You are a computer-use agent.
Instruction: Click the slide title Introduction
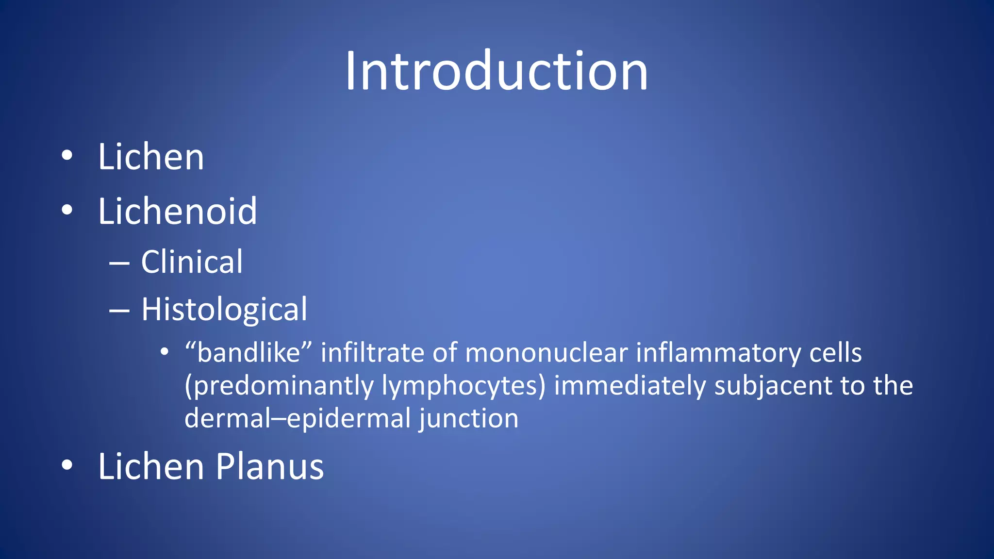[496, 72]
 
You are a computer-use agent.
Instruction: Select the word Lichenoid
[177, 212]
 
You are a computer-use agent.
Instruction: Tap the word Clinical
[192, 262]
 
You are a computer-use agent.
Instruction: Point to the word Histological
[224, 310]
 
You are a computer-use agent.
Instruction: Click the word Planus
[269, 466]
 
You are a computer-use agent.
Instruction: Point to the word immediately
[630, 386]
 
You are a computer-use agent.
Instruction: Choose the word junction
[469, 419]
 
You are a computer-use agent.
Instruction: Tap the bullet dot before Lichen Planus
[67, 465]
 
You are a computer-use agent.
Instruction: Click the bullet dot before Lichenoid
[67, 210]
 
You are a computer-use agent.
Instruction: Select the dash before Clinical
[119, 263]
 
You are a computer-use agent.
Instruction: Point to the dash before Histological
[119, 311]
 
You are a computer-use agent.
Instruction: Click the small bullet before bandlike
[165, 351]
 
